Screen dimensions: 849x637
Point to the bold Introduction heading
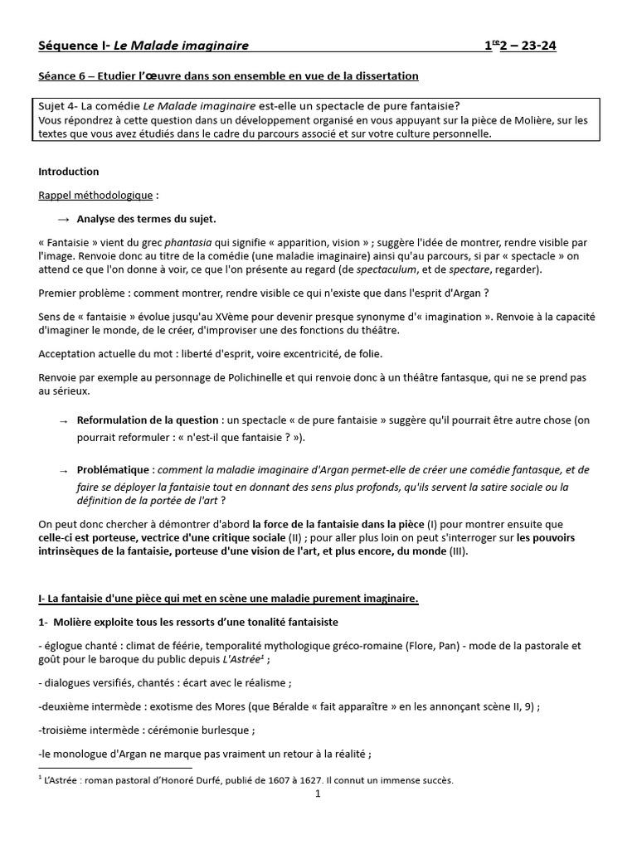[x=69, y=172]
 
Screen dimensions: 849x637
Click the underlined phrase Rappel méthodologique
[x=95, y=196]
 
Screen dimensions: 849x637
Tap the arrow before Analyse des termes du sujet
[x=64, y=220]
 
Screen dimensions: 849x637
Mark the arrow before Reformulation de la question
[x=64, y=421]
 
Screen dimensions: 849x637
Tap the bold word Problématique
[x=114, y=469]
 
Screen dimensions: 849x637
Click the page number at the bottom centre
[x=318, y=794]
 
